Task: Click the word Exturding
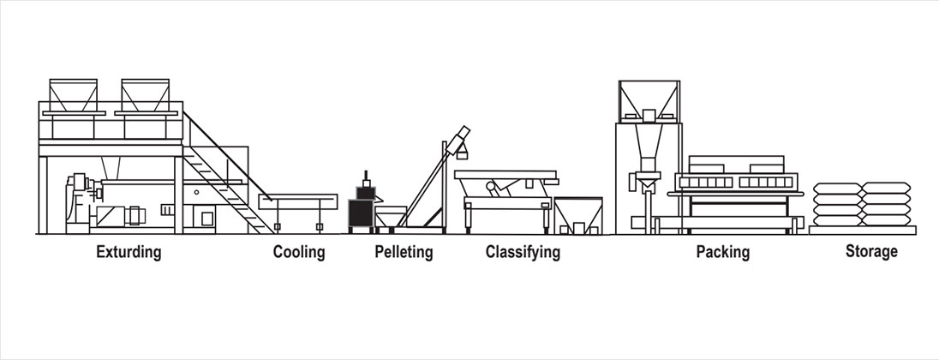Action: click(129, 253)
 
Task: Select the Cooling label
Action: click(299, 253)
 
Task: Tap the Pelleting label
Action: click(404, 253)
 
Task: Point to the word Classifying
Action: click(523, 253)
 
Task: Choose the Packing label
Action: click(722, 253)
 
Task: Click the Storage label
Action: click(871, 252)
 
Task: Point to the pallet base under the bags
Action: click(862, 229)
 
